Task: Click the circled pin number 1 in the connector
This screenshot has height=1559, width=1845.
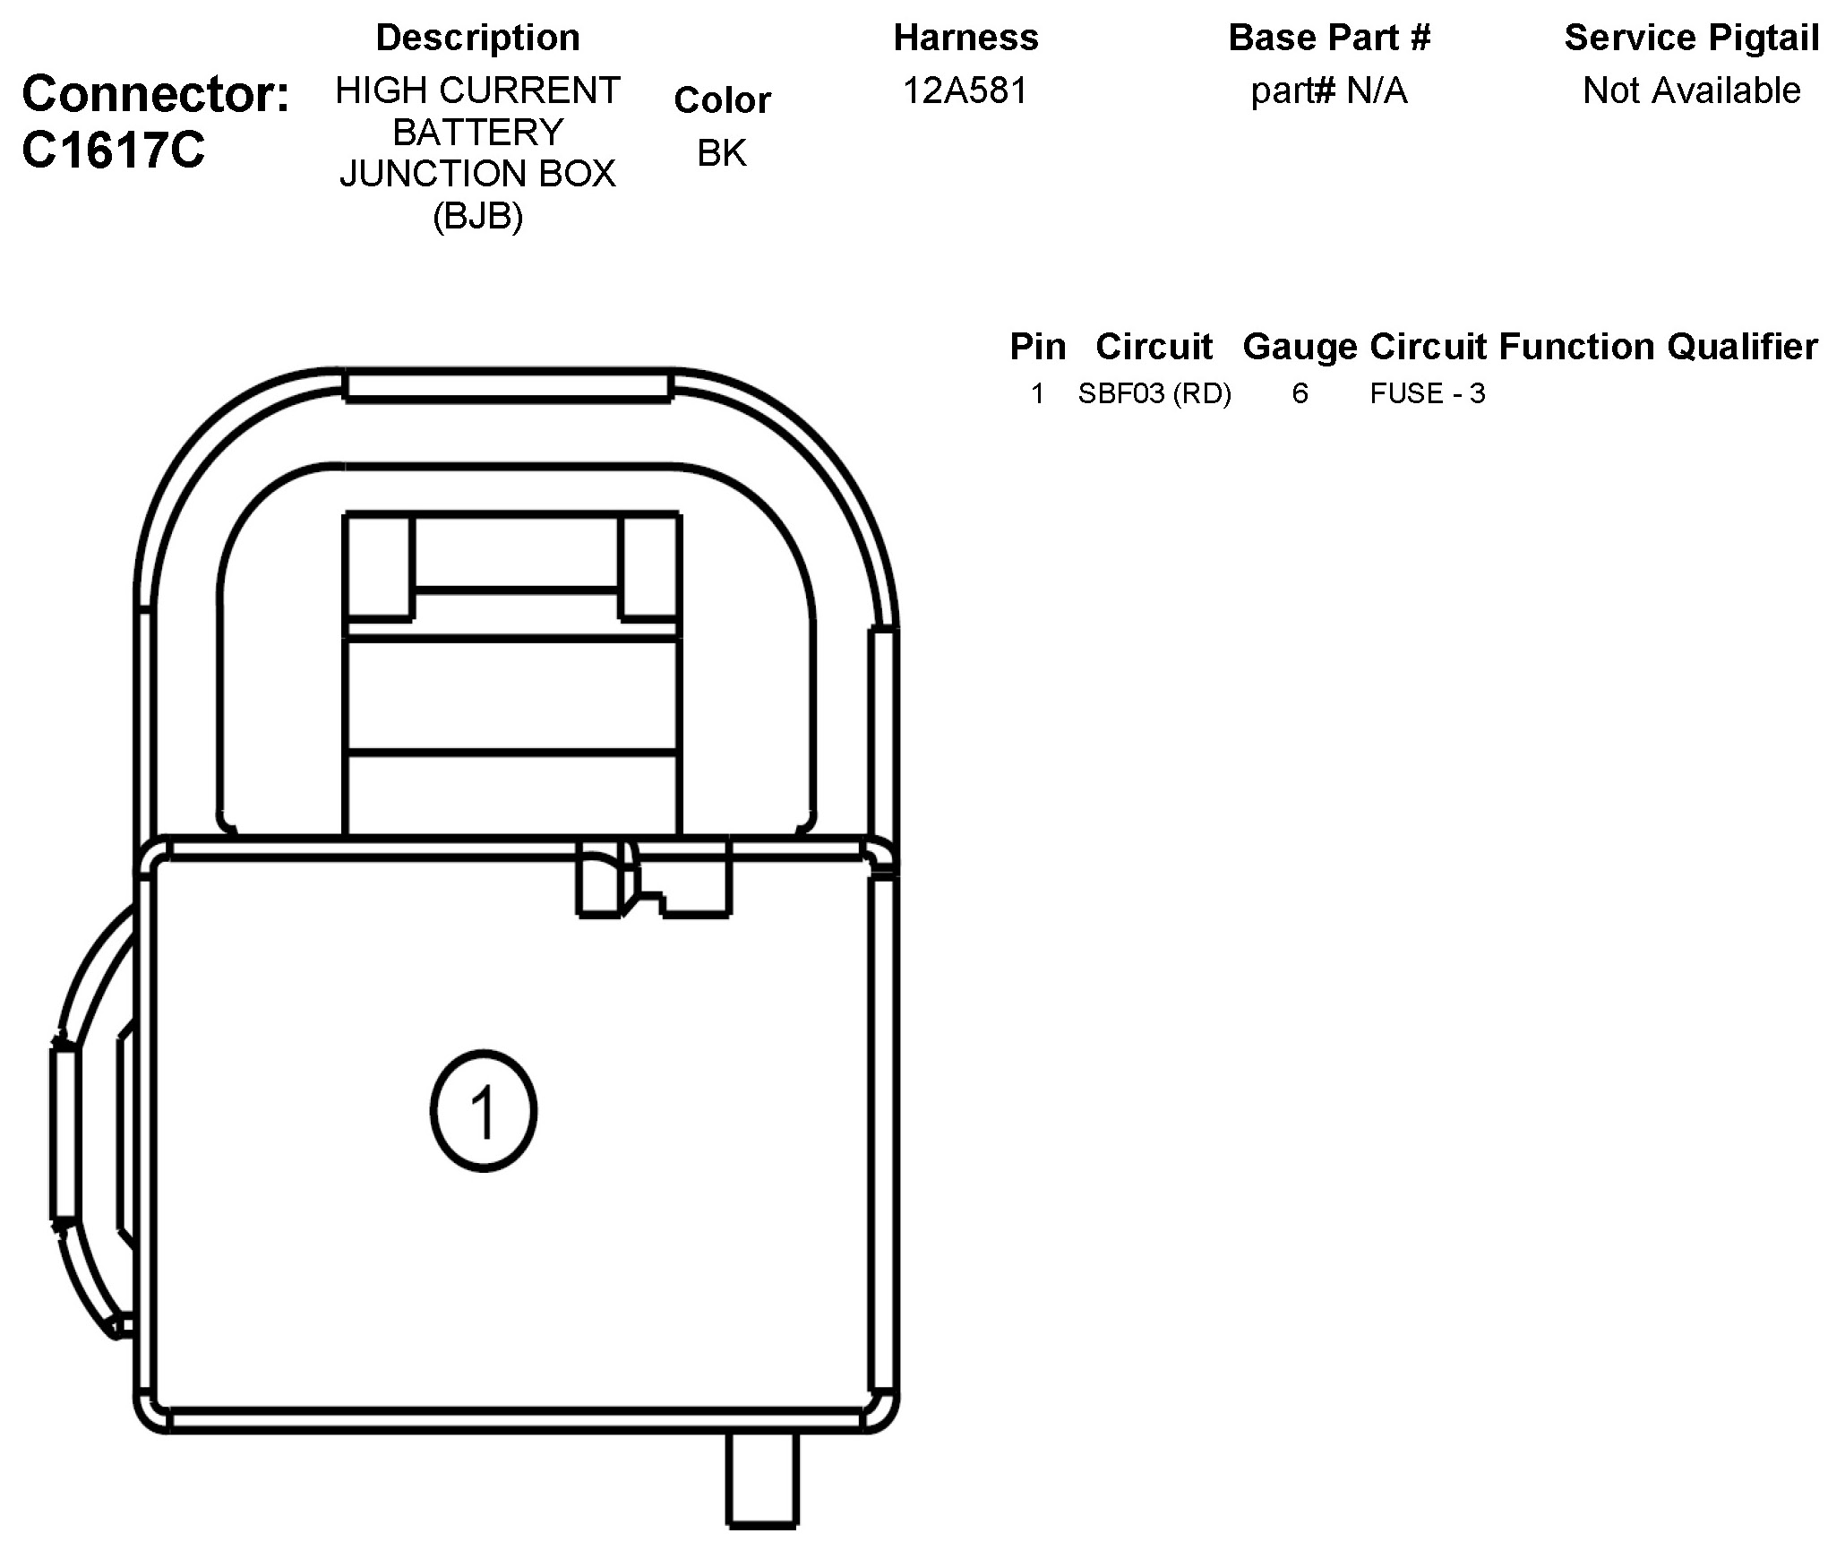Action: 484,1111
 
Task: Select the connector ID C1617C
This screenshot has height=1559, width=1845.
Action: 113,150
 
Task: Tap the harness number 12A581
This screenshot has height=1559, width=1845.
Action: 965,90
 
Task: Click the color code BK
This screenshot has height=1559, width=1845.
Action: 721,153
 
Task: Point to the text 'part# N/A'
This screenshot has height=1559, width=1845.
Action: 1329,90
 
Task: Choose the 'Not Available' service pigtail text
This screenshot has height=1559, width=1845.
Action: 1691,90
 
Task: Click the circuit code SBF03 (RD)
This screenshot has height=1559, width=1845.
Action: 1154,393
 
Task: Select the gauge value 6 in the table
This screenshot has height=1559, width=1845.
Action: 1300,393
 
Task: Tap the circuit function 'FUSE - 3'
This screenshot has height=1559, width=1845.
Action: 1428,393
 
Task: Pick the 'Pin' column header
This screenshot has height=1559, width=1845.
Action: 1038,347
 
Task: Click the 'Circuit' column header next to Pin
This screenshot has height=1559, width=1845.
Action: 1154,347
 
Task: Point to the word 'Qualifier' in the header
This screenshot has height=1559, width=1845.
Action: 1742,347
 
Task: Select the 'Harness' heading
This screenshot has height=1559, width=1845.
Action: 965,38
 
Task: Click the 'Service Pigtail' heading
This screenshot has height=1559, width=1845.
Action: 1691,38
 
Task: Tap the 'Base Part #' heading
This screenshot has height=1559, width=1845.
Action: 1329,38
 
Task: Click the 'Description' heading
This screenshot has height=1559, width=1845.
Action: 477,38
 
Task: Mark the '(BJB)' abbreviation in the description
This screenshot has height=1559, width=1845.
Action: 477,216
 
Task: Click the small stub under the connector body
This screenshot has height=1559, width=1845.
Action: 761,1478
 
